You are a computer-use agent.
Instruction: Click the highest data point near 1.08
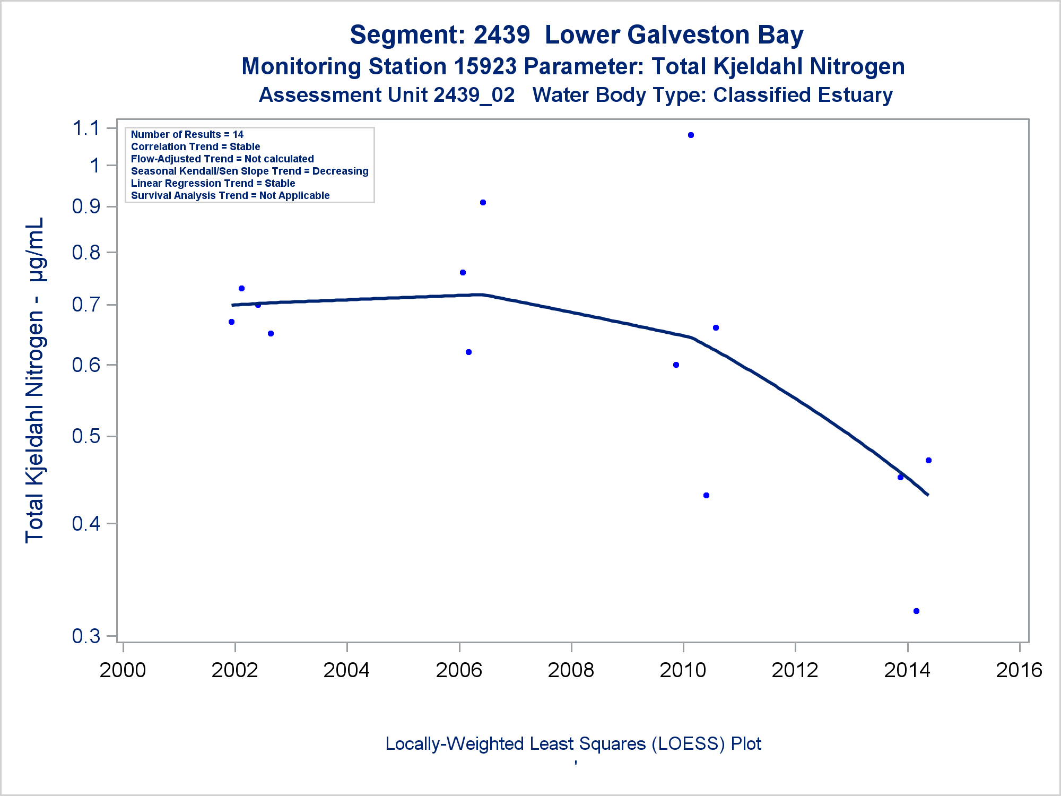pos(691,135)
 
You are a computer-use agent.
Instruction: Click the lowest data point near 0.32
pos(916,611)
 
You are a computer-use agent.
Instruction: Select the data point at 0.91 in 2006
pos(483,203)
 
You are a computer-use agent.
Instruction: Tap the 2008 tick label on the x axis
pos(571,670)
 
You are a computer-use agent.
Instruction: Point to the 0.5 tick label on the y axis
pos(86,436)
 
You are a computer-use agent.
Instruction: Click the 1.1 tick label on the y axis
pos(86,128)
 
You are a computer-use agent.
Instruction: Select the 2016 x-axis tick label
pos(1019,670)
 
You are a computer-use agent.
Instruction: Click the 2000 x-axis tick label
pos(123,670)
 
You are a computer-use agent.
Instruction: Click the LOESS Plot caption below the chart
pos(573,744)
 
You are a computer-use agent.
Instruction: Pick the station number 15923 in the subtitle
pos(485,67)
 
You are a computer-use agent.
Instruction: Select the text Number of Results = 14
pos(187,135)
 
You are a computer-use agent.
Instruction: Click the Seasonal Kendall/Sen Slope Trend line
pos(249,171)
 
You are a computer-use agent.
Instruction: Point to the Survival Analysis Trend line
pos(230,196)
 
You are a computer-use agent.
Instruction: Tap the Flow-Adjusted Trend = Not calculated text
pos(222,159)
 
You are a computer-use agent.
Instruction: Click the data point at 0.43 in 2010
pos(706,496)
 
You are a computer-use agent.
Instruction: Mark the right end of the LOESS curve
pos(927,495)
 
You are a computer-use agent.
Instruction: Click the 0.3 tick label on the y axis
pos(86,636)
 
